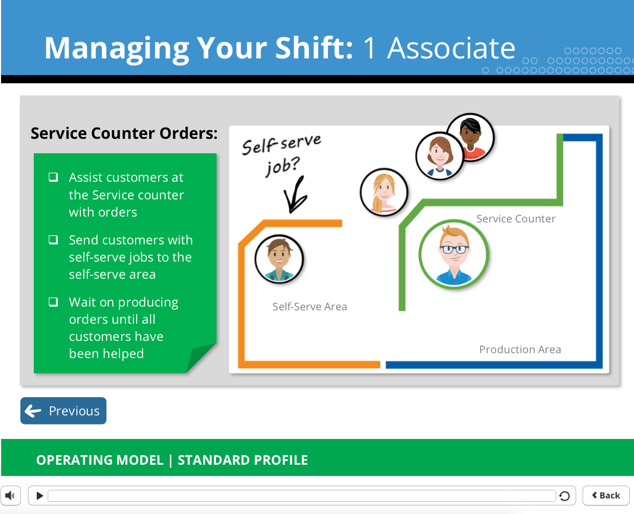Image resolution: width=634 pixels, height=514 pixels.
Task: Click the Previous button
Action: [x=63, y=411]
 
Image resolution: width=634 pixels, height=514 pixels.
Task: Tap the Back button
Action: [x=606, y=495]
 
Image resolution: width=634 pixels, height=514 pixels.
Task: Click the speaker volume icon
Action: [x=10, y=495]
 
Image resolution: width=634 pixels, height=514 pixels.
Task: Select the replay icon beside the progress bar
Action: [x=564, y=496]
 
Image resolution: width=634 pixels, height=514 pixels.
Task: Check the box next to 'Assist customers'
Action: [x=53, y=177]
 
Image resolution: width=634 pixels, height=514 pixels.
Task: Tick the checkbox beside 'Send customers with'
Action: [x=53, y=240]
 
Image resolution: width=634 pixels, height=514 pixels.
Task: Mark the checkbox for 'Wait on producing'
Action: [x=53, y=302]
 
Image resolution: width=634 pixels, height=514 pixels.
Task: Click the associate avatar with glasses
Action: [x=454, y=255]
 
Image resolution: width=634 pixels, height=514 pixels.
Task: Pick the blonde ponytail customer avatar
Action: [x=384, y=192]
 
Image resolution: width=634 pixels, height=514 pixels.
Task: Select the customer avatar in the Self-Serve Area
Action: [x=279, y=259]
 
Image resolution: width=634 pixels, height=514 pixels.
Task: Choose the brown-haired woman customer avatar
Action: [x=439, y=155]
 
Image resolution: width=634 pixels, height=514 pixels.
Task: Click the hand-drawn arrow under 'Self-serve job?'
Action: [x=295, y=195]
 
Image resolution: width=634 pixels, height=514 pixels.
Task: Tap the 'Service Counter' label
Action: [x=516, y=219]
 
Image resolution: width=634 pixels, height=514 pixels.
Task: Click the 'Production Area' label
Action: [x=520, y=349]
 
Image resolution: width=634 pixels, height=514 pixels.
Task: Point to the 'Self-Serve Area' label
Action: [x=310, y=307]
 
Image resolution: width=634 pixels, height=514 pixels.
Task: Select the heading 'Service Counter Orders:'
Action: [x=124, y=133]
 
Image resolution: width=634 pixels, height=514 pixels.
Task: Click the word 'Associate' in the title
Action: [x=451, y=48]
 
